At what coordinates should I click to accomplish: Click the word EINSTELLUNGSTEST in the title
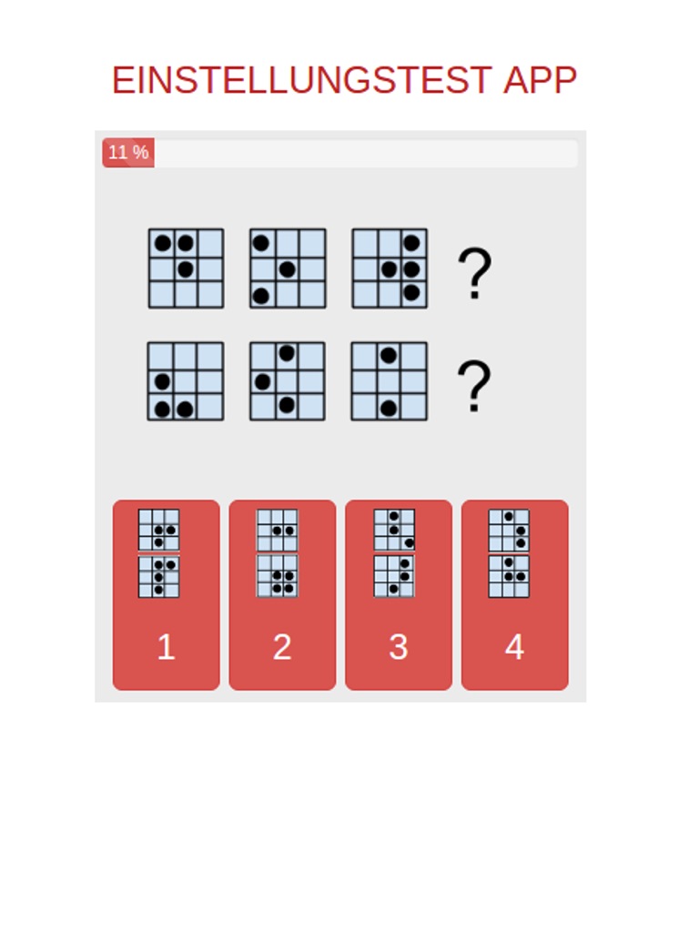tap(301, 80)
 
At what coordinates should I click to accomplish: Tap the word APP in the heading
tap(540, 80)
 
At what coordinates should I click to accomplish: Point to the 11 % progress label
tap(128, 152)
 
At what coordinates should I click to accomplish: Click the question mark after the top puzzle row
tap(474, 273)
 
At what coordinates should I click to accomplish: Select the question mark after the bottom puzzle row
tap(474, 386)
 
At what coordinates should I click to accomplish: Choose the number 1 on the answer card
tap(166, 646)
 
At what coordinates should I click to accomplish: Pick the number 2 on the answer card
tap(282, 646)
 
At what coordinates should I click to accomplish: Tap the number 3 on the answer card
tap(399, 646)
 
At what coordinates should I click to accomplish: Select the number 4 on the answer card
tap(515, 646)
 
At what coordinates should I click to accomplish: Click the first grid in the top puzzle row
tap(186, 268)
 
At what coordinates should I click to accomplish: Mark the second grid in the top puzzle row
tap(288, 268)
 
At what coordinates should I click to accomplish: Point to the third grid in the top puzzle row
tap(390, 268)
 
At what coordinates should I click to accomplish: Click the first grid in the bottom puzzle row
tap(186, 381)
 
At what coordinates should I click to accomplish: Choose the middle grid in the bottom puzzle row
tap(287, 381)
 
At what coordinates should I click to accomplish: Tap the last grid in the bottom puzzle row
tap(390, 381)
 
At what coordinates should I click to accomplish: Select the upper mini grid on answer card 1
tap(158, 530)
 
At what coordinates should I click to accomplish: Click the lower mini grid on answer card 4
tap(509, 576)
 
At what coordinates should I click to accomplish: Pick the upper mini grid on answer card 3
tap(394, 530)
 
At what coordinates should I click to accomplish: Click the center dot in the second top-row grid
tap(287, 269)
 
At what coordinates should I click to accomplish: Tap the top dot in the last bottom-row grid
tap(388, 356)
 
